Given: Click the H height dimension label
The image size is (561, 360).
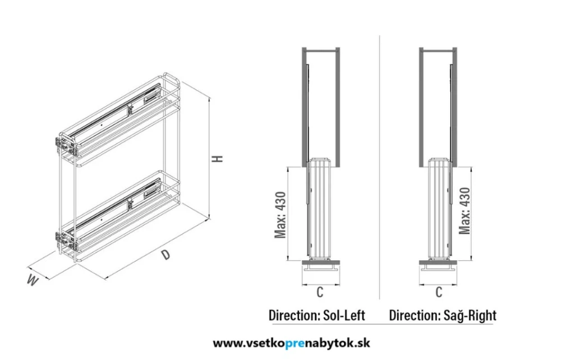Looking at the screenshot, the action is tap(218, 158).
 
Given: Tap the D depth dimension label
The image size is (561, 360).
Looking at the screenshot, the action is tap(165, 255).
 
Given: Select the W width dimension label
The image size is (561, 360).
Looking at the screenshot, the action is tap(32, 280).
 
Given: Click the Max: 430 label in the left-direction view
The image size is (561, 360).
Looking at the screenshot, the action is tap(280, 215).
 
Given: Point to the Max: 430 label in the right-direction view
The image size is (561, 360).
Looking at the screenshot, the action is tap(465, 211).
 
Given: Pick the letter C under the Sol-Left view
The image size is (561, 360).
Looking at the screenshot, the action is tap(320, 292).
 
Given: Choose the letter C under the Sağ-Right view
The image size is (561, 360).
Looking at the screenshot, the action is tap(439, 292).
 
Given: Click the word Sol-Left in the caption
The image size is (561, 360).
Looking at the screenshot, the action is tap(344, 315).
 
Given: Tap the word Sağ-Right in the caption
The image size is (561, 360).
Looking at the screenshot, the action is tap(470, 315).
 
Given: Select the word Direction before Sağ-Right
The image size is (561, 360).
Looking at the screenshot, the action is tap(415, 315).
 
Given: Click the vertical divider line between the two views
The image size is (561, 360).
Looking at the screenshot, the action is tap(380, 167).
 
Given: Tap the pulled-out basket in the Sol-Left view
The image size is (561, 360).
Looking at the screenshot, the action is tap(320, 209).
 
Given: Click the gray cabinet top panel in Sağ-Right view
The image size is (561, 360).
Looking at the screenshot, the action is tap(438, 49).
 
